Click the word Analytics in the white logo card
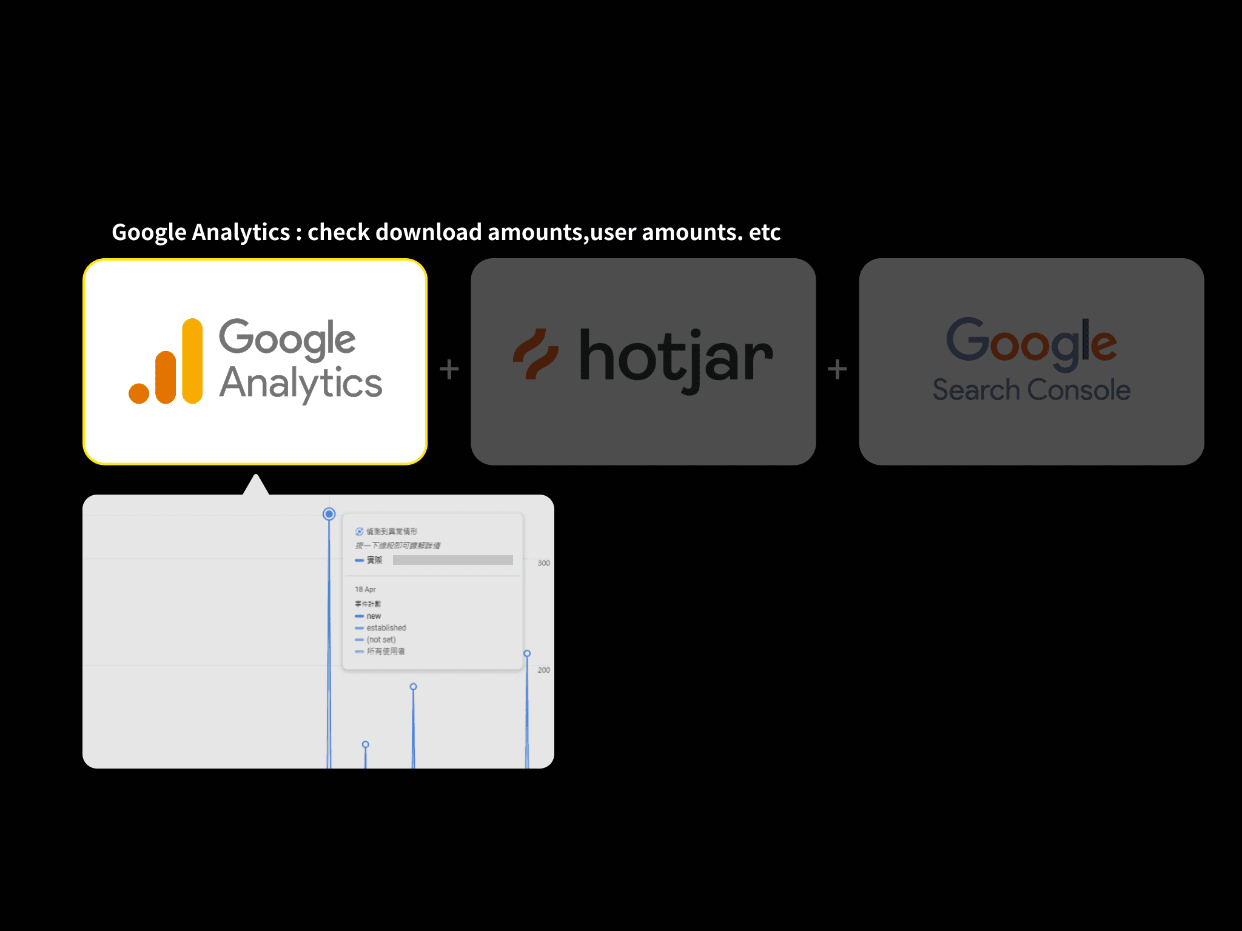tap(301, 384)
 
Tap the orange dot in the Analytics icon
tap(139, 393)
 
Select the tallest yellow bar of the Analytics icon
tap(192, 361)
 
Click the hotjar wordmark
tap(676, 359)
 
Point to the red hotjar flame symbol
tap(535, 355)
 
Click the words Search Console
tap(1031, 390)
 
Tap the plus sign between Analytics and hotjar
tap(449, 369)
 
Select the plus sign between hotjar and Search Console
tap(838, 369)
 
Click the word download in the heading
tap(428, 232)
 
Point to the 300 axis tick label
tap(543, 563)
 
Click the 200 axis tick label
tap(543, 670)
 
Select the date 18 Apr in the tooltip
tap(365, 589)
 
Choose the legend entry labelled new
tap(374, 616)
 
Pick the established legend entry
tap(386, 628)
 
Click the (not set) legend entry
tap(381, 639)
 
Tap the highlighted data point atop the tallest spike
tap(329, 514)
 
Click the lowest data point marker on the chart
tap(365, 744)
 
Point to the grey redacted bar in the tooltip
tap(452, 560)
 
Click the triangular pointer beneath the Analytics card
tap(256, 486)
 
